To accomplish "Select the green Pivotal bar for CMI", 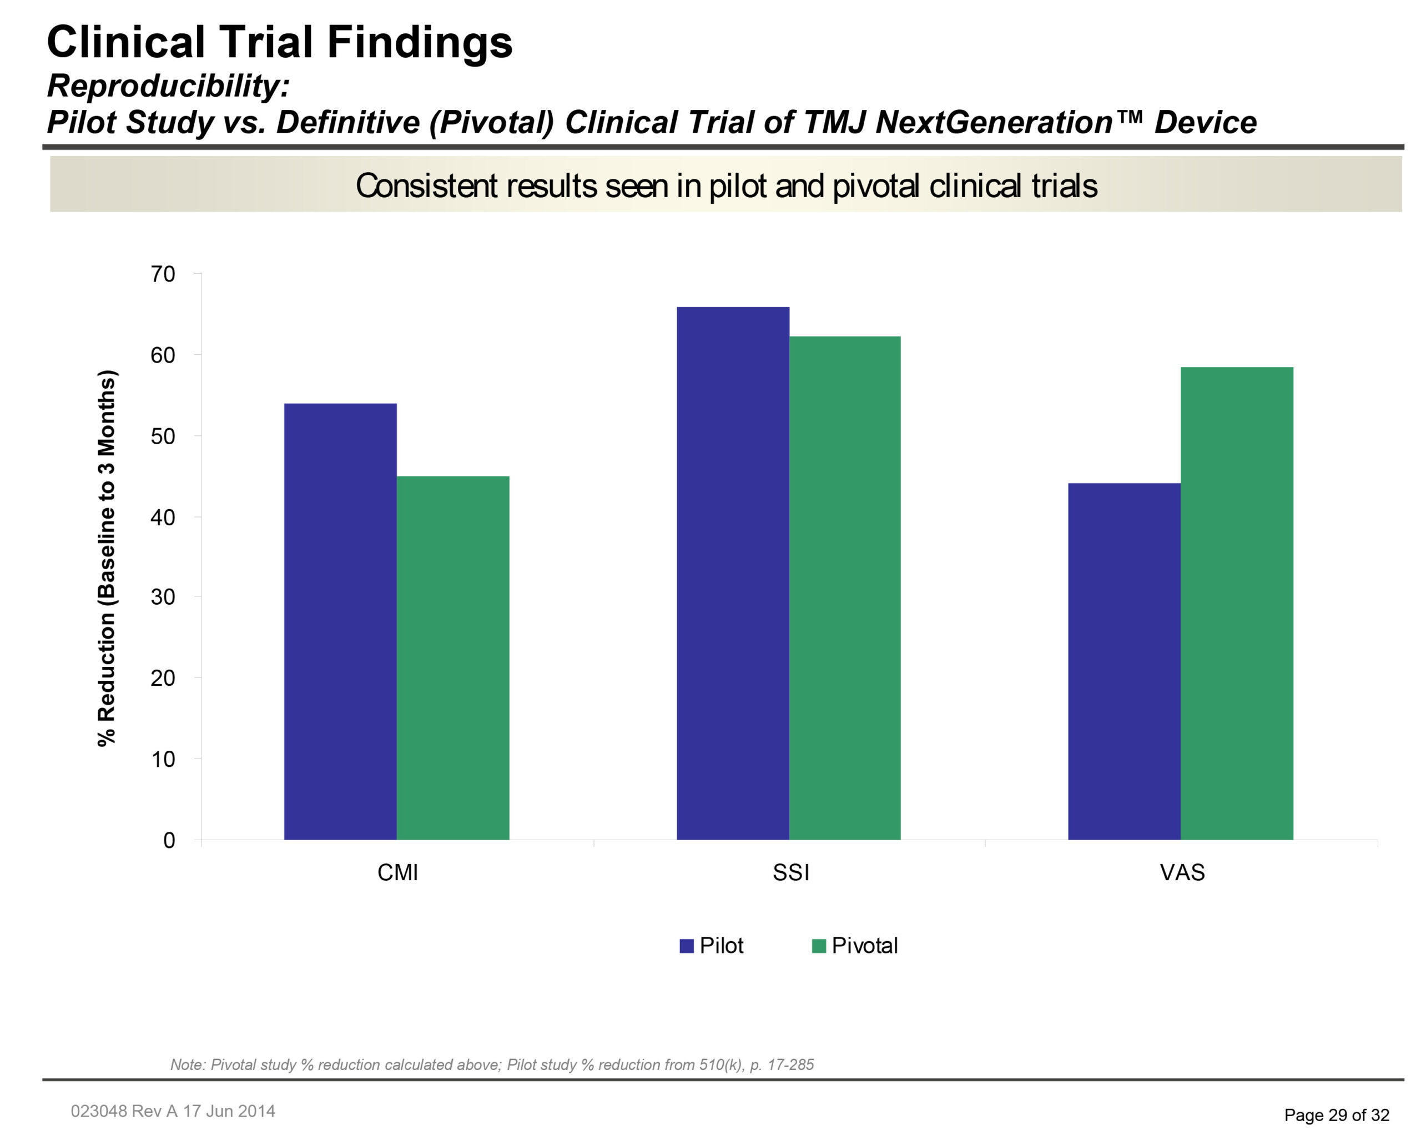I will click(x=453, y=657).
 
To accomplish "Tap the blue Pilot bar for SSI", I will click(x=733, y=573).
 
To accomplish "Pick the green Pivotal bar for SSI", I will click(x=845, y=587).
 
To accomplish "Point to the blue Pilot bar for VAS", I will click(x=1123, y=661).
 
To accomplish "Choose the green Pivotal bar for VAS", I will click(x=1237, y=602).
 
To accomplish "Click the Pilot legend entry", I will click(x=712, y=946).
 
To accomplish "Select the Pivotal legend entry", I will click(x=855, y=946).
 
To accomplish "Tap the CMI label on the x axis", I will click(x=397, y=873).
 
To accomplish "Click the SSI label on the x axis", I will click(x=790, y=873).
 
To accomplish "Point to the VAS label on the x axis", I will click(x=1182, y=873).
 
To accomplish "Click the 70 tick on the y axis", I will click(x=163, y=274).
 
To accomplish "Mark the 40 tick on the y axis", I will click(x=163, y=518).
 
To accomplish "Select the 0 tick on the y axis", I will click(x=169, y=841).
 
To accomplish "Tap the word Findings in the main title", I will click(x=419, y=42).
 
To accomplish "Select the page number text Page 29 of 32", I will click(x=1336, y=1115).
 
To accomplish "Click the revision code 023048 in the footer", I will click(x=99, y=1111).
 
